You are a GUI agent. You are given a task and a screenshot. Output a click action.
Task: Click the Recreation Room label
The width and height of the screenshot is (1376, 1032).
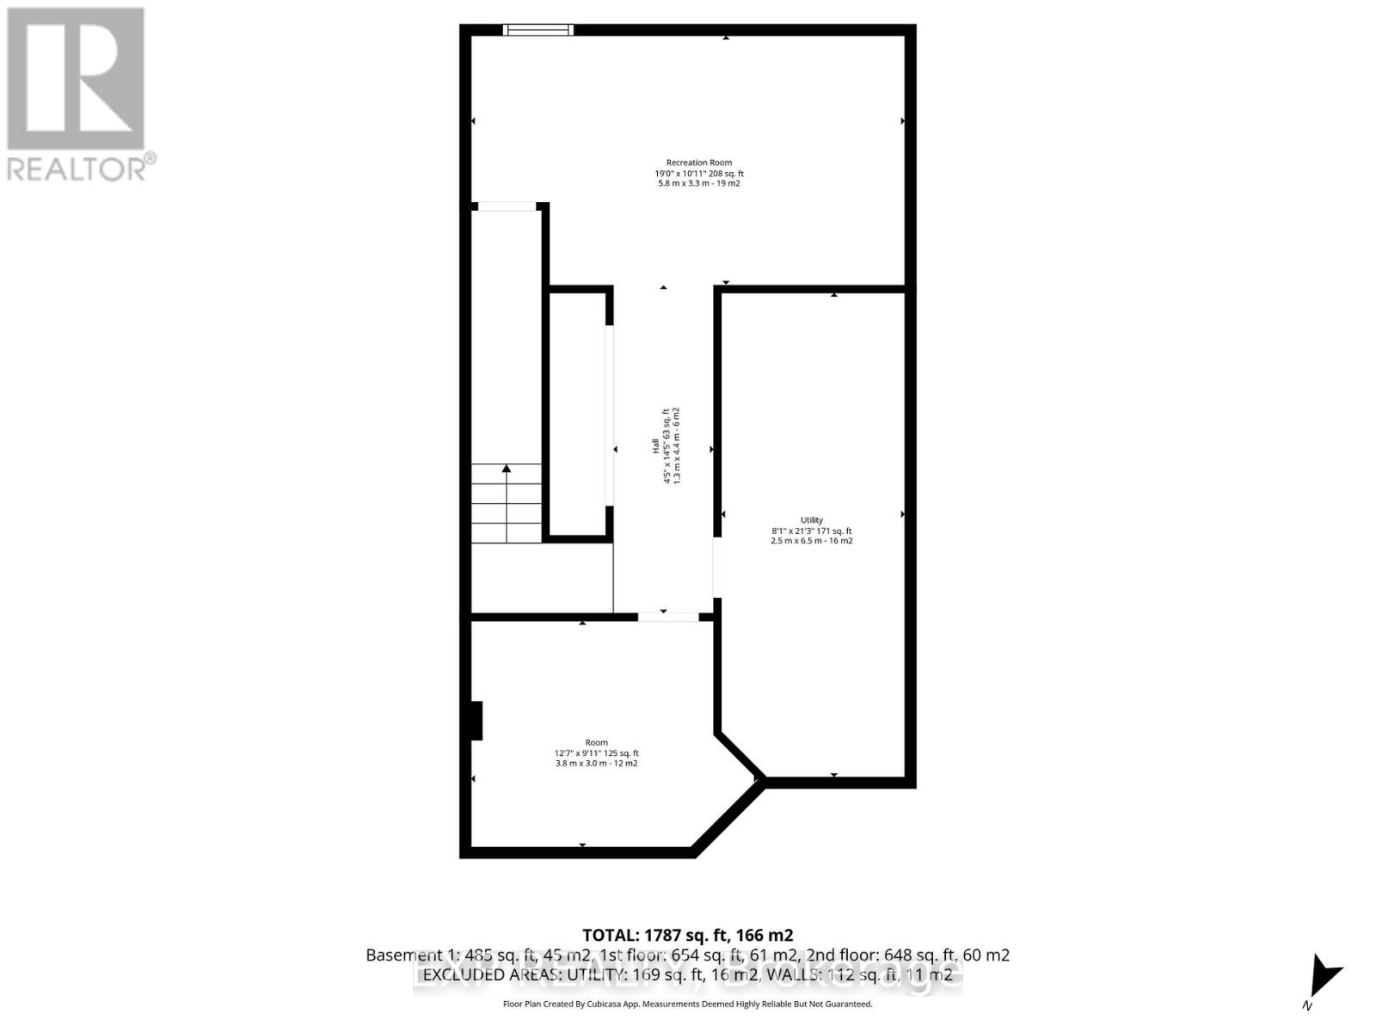point(698,163)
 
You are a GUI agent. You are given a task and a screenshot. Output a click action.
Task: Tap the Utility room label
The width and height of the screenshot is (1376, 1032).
point(811,520)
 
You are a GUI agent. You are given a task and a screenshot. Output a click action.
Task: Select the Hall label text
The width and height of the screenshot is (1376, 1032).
point(655,446)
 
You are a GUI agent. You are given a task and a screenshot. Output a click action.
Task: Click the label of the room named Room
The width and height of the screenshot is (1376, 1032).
point(596,742)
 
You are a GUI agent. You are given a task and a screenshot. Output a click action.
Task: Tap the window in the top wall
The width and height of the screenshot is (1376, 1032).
point(538,30)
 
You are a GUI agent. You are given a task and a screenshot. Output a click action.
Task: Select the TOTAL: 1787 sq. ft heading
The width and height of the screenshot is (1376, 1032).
point(687,935)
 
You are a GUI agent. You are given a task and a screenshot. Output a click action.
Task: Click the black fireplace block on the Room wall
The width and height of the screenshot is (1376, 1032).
point(476,721)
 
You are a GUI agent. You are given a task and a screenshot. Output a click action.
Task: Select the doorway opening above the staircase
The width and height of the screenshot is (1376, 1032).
point(507,206)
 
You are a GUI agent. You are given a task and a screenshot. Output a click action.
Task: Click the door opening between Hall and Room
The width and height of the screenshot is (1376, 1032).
point(667,617)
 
